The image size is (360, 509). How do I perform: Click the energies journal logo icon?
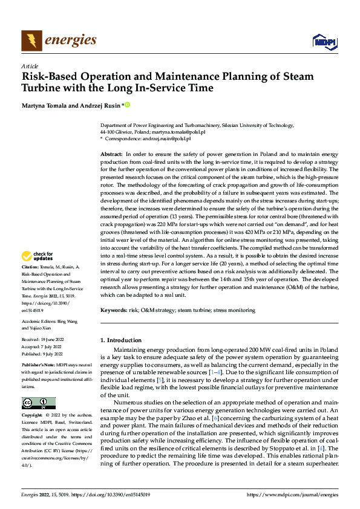pos(31,41)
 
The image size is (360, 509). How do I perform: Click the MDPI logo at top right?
pos(324,41)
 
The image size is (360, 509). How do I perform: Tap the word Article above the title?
pos(30,66)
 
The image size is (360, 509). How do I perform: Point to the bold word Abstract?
pos(111,155)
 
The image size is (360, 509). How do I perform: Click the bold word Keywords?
pos(114,310)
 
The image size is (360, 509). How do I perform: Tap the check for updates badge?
pos(38,273)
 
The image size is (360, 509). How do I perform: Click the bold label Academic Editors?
pos(39,321)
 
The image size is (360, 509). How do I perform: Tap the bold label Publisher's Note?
pos(38,366)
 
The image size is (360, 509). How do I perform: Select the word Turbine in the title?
pos(43,88)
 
